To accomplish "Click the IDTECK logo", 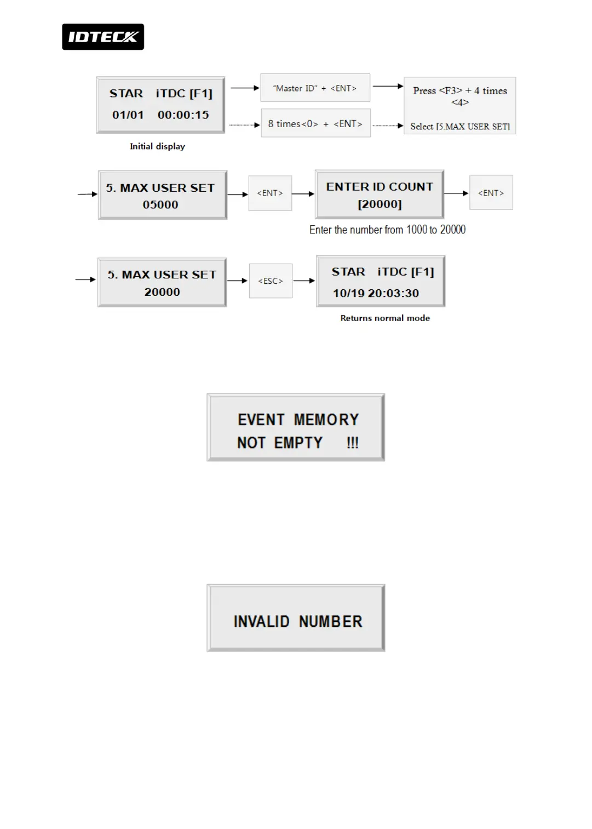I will [103, 37].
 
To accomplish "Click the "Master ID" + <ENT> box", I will [315, 88].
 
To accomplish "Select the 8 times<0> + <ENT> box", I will [315, 124].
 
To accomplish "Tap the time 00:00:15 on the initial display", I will [183, 115].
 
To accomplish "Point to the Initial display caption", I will [157, 146].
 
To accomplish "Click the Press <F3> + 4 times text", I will [460, 91].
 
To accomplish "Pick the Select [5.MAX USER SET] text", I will [460, 127].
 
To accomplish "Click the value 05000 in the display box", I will [160, 205].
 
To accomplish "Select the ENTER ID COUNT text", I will [380, 187].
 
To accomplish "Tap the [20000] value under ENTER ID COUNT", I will [380, 204].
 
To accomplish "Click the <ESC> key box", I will [271, 281].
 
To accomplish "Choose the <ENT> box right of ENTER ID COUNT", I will [491, 193].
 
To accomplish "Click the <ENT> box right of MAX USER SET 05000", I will [270, 193].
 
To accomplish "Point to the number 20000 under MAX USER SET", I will [162, 292].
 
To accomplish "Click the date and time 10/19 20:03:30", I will [376, 293].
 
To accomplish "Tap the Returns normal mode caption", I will [385, 318].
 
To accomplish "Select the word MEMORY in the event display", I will [326, 420].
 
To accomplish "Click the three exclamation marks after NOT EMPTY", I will [353, 443].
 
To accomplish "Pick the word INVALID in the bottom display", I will [262, 621].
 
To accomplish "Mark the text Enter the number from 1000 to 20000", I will [387, 230].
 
